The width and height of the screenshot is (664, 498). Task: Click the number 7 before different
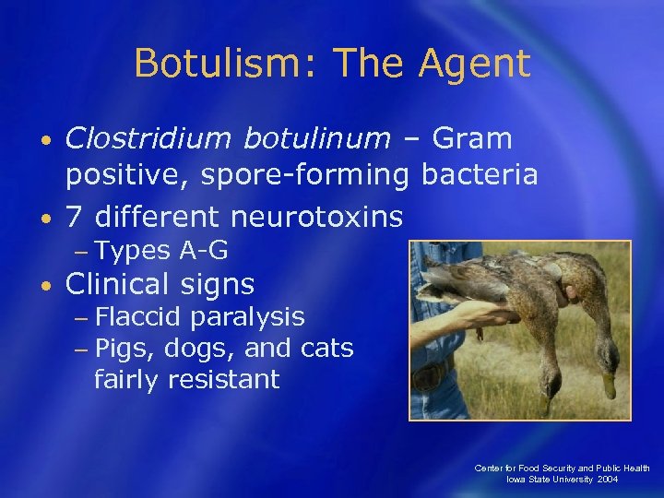pyautogui.click(x=75, y=217)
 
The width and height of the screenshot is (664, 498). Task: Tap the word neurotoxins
pyautogui.click(x=316, y=217)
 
